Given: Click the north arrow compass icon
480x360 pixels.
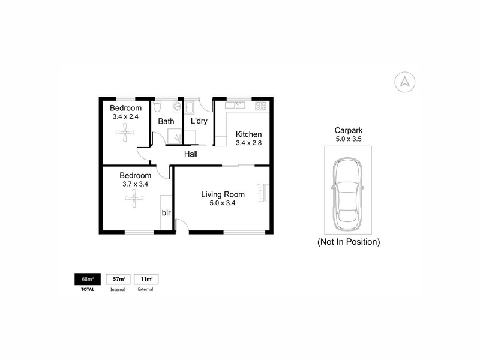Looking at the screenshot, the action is (404, 82).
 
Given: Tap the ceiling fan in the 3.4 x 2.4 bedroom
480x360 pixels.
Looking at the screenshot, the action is (125, 132).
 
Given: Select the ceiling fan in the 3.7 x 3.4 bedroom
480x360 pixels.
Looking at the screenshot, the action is (134, 199).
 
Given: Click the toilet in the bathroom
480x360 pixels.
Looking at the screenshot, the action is (157, 106).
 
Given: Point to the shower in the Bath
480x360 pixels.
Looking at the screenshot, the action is (175, 136).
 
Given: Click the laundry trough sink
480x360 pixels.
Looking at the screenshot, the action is (189, 107).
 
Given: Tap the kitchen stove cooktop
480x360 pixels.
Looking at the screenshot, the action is (260, 106).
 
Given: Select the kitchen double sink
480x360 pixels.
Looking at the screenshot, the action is (235, 106).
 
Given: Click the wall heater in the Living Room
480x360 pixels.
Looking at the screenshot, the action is (263, 193).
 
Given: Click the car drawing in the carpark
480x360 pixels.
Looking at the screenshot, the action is (348, 194).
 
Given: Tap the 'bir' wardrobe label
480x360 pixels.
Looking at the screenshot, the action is (166, 213).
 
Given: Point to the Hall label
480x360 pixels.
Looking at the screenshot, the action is (191, 154).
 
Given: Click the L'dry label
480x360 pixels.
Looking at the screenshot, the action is (199, 121).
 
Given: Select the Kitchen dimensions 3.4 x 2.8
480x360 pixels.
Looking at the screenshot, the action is (248, 143).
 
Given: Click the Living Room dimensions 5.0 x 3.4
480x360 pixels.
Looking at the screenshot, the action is (223, 203).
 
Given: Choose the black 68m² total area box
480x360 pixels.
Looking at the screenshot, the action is (88, 279).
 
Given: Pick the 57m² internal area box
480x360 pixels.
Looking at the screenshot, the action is (118, 279).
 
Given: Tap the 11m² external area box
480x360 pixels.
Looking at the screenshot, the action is (146, 279).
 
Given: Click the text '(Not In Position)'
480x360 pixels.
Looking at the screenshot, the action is (349, 242).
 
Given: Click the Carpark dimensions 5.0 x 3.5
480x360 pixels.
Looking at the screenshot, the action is (349, 139).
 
